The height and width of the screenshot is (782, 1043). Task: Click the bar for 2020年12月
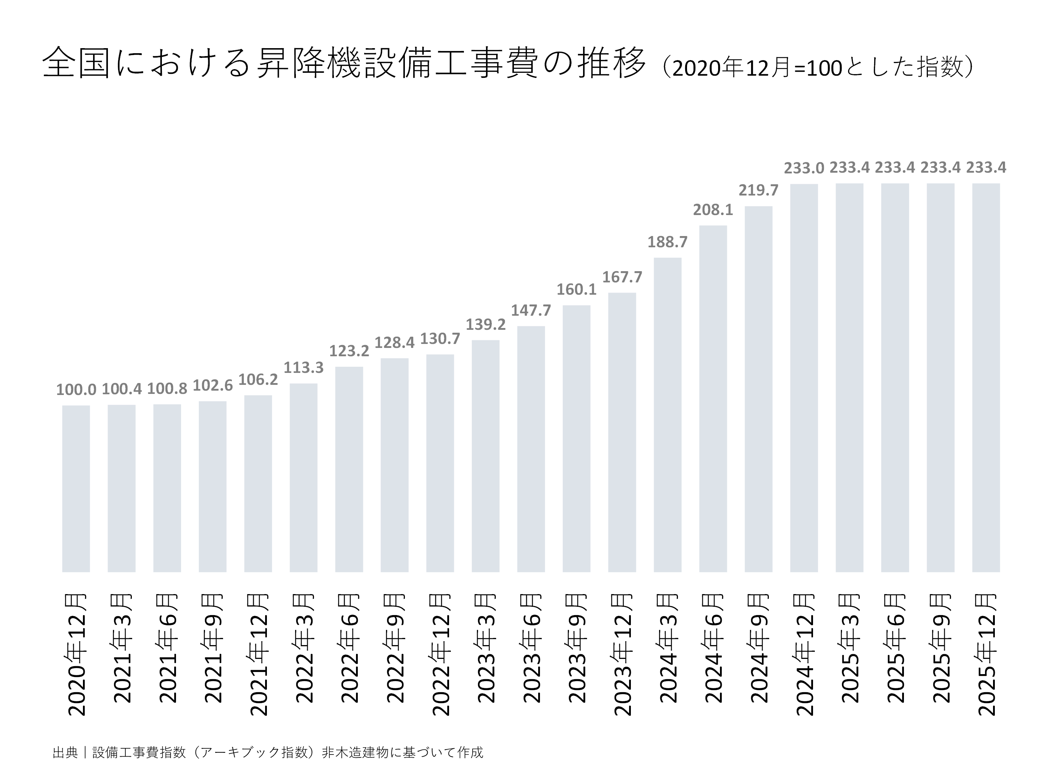tap(76, 488)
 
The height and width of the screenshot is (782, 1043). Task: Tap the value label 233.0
tap(804, 168)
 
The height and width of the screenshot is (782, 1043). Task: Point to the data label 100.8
tap(167, 389)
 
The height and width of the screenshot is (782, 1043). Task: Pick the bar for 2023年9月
tap(576, 438)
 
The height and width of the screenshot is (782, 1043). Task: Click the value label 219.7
tap(758, 190)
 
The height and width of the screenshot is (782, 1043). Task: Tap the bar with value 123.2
tap(349, 469)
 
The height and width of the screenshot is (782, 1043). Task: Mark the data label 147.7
tap(531, 311)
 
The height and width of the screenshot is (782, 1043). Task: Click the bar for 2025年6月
tap(895, 377)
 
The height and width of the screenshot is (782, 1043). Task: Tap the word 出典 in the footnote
tap(65, 752)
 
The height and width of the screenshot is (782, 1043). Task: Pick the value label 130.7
tap(440, 339)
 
